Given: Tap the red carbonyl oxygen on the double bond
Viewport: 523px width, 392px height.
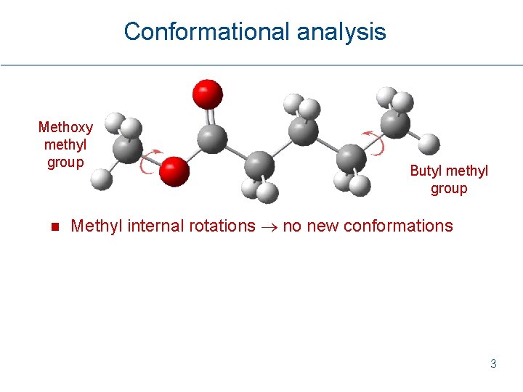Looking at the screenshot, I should pos(207,94).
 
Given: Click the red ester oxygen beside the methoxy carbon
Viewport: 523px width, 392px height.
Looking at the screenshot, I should pos(174,171).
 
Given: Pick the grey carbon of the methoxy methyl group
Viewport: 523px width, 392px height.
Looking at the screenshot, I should pos(127,151).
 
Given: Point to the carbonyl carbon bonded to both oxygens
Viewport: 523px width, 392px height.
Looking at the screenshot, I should pos(212,138).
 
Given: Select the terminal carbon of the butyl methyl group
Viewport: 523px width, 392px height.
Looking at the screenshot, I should pos(396,123).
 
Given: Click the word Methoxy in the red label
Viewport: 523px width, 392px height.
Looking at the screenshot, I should pos(65,128).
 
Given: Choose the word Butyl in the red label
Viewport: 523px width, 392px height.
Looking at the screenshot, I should pos(426,171).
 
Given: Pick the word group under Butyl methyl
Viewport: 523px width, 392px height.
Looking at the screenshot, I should pos(449,189).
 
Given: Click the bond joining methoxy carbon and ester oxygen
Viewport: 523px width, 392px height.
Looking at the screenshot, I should pos(150,160).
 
